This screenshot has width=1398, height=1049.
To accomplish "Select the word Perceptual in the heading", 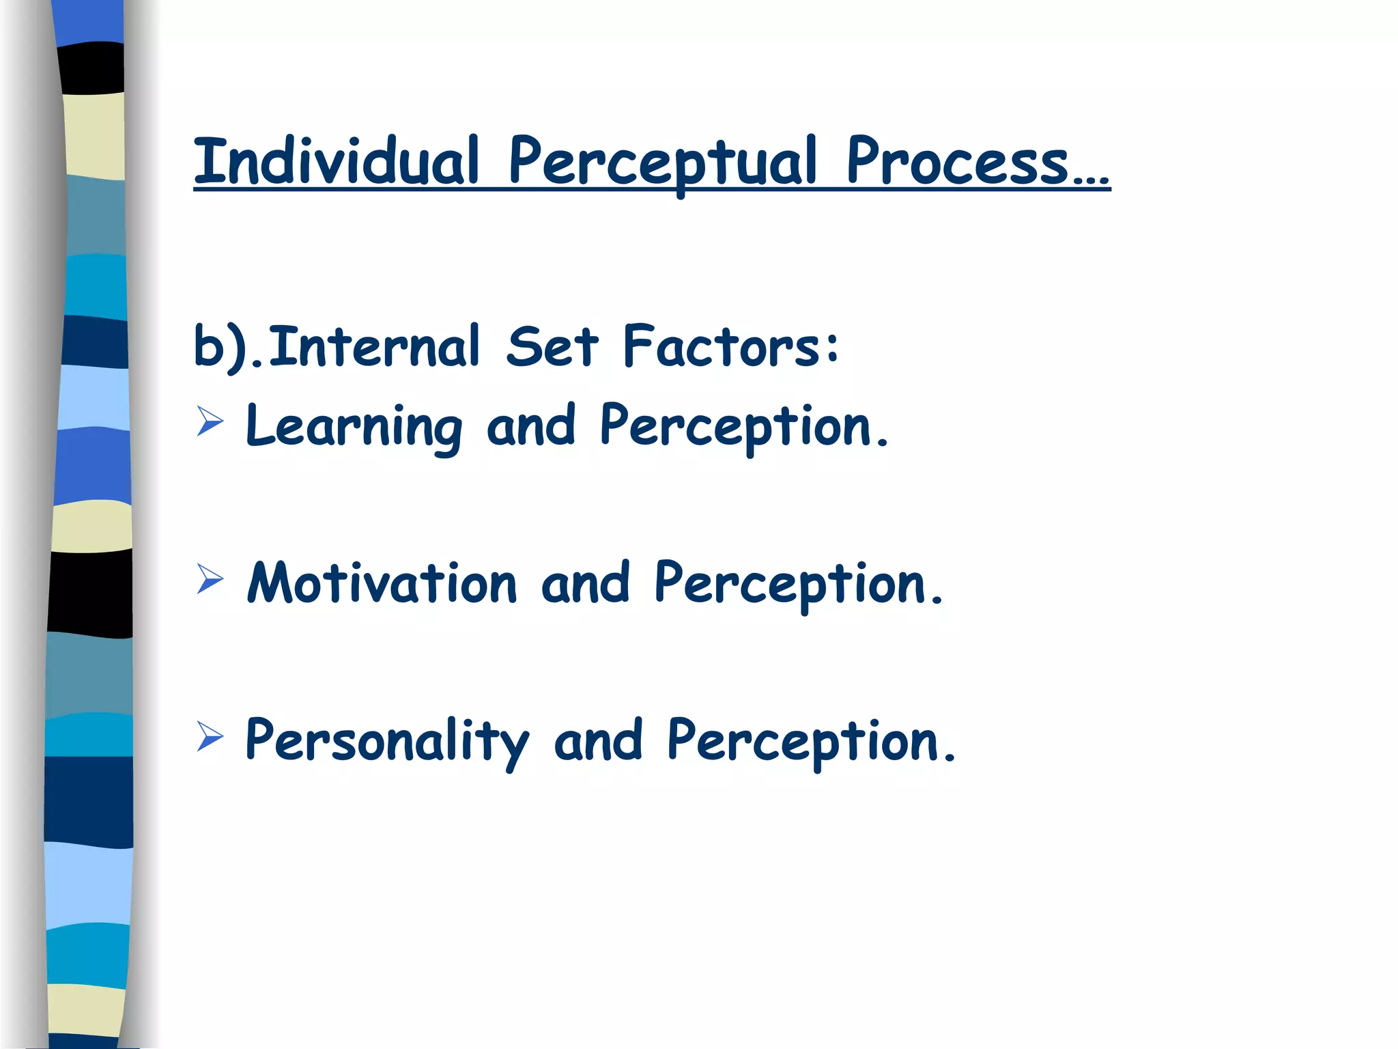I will coord(662,163).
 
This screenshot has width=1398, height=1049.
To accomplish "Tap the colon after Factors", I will coord(831,347).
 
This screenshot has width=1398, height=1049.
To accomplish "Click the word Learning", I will coord(354,426).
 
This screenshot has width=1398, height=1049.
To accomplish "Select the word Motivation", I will coord(382,583).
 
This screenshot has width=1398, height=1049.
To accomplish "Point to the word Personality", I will coord(386,741).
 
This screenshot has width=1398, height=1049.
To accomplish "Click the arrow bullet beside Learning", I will coord(210,421).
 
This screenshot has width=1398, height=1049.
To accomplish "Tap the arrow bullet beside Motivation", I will coord(210,578).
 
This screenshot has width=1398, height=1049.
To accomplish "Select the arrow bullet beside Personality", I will coord(210,736).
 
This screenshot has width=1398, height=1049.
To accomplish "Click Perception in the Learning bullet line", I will coord(736,426).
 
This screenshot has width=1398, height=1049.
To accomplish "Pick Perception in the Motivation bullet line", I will coord(790,583).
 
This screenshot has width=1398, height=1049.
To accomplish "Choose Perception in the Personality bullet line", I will coord(803,741).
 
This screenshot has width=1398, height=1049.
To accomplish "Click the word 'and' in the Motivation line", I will coord(585,583).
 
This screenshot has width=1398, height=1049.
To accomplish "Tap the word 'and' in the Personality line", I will coord(598,741).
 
